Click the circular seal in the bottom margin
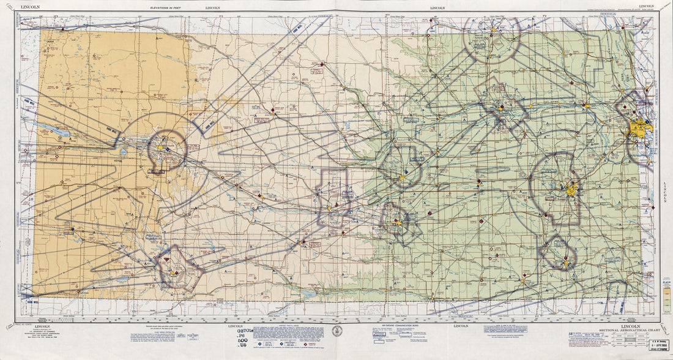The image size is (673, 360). (335, 331)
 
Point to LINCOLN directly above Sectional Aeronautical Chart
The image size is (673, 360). (630, 326)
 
